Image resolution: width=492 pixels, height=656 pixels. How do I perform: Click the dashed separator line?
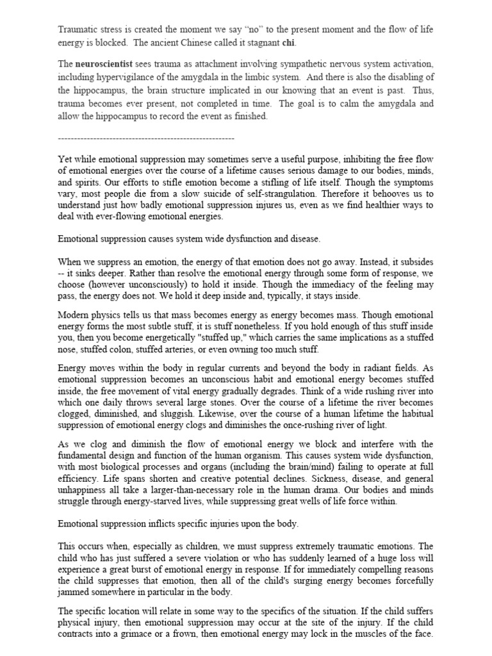(146, 138)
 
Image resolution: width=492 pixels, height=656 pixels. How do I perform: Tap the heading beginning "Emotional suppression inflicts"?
(178, 523)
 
